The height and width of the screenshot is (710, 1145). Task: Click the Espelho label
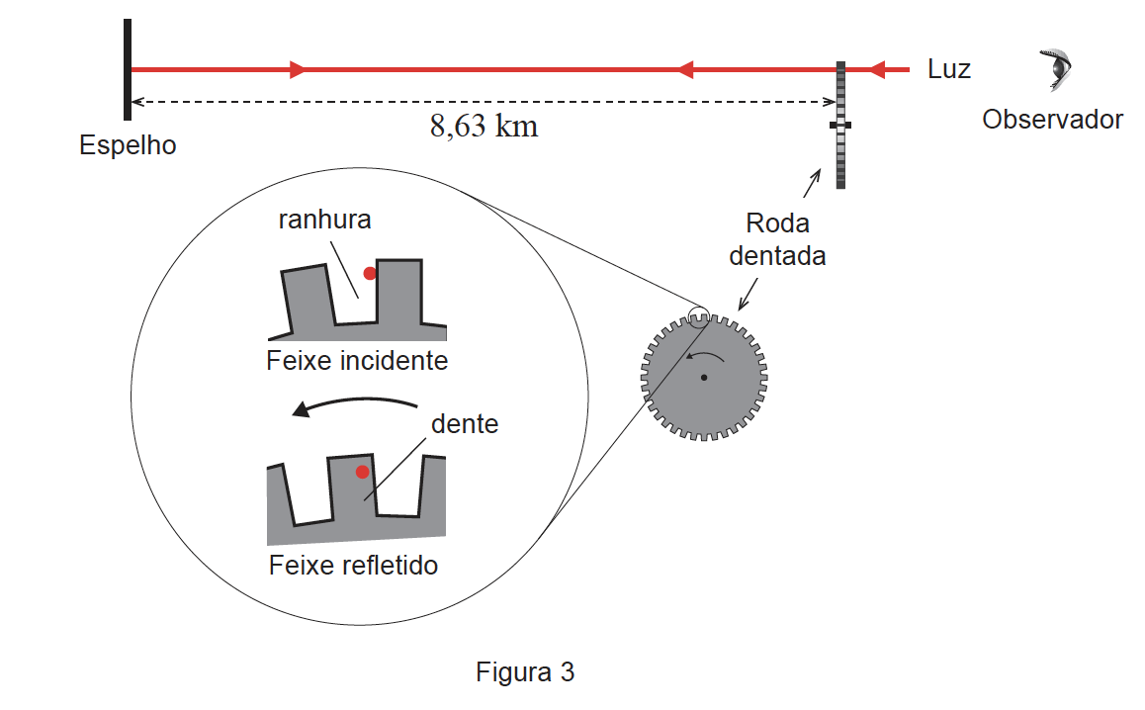click(128, 145)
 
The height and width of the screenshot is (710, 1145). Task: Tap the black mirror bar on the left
click(128, 69)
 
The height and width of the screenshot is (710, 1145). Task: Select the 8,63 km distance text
click(484, 127)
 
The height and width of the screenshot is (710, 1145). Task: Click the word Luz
click(949, 69)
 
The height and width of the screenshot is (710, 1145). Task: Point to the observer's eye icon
click(1057, 69)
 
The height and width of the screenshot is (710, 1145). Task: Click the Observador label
click(1052, 119)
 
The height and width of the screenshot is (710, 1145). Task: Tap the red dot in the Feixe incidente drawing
click(370, 273)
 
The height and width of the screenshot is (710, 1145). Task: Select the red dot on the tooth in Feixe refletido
click(362, 472)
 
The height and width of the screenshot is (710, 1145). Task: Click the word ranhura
click(325, 220)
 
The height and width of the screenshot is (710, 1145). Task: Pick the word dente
click(465, 423)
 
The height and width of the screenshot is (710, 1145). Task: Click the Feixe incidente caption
click(357, 361)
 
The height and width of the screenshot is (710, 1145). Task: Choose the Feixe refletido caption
click(353, 566)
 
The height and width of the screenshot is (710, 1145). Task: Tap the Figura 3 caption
click(525, 672)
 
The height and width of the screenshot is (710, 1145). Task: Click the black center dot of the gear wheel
click(704, 378)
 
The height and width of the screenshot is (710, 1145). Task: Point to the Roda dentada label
click(778, 239)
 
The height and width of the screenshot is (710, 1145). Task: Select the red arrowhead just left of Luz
click(877, 69)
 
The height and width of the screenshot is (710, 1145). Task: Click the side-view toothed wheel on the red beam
click(840, 125)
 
